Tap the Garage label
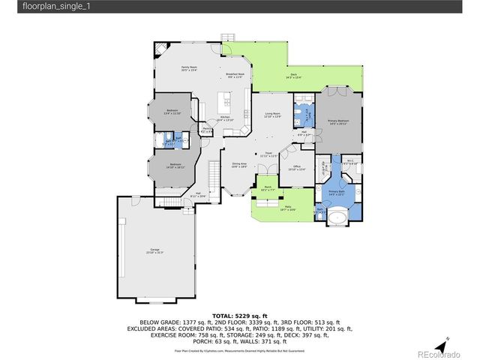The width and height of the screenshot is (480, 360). coord(156,250)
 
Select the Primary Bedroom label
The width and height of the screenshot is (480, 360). coord(338,122)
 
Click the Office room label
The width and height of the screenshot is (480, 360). coord(297,168)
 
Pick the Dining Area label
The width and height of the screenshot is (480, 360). coord(239,166)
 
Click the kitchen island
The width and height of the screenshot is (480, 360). coord(223,100)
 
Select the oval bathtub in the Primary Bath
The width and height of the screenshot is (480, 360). coord(340,219)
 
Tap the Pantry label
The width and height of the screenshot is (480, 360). coord(205,130)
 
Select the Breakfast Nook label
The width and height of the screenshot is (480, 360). coord(235,75)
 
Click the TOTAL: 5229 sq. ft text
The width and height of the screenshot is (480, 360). coord(239,316)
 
